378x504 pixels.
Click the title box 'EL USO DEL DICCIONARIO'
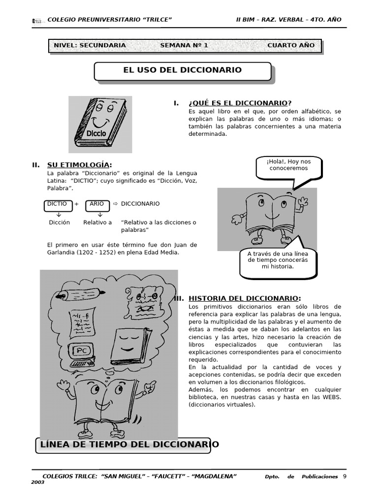tap(182, 70)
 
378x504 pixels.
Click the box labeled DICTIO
tap(58, 204)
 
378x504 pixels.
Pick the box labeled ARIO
tap(97, 204)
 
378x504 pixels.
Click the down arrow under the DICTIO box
tap(59, 215)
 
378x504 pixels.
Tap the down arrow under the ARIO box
tap(100, 215)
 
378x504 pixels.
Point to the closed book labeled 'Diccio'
tap(100, 124)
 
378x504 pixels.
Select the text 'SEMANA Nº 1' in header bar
tap(184, 45)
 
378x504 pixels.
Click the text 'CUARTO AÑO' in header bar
tap(291, 45)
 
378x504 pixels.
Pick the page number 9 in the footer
tap(345, 476)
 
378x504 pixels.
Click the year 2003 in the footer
tap(38, 482)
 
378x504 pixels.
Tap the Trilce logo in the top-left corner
tap(37, 20)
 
